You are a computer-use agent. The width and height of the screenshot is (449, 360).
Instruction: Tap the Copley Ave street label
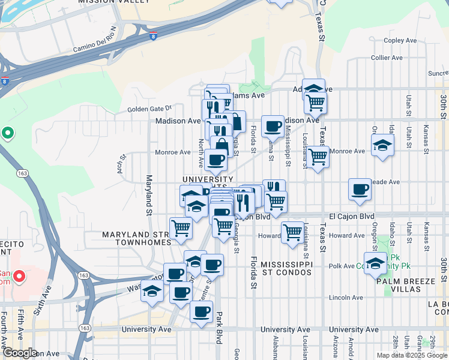(400, 41)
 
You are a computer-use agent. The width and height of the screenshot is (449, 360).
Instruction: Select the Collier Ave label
(386, 58)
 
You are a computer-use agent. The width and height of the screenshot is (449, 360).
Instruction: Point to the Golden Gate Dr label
(149, 109)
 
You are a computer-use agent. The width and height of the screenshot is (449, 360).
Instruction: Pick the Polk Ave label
(343, 265)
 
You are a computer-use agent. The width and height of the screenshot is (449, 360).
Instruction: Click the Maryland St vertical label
(148, 196)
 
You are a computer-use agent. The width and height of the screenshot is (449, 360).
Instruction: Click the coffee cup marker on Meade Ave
(360, 190)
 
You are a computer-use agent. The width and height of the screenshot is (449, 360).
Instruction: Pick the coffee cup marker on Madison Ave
(273, 126)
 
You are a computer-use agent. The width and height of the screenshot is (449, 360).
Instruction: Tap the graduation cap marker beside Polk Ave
(375, 263)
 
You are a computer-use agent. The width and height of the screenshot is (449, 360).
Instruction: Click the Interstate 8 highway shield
(154, 37)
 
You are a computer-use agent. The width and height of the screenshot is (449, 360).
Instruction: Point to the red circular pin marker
(19, 277)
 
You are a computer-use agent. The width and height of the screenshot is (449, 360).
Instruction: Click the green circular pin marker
(7, 133)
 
